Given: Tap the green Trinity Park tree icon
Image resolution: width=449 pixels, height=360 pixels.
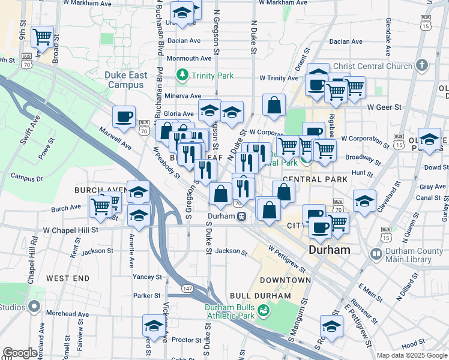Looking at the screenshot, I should tap(182, 76).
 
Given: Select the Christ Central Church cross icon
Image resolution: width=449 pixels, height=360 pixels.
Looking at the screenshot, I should tap(422, 65).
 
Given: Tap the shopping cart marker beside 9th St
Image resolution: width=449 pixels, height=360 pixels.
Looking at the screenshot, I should tap(43, 37).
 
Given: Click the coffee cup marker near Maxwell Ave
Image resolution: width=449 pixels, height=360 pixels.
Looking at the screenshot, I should tap(124, 116).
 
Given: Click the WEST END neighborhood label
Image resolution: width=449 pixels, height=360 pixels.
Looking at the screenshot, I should tap(68, 278).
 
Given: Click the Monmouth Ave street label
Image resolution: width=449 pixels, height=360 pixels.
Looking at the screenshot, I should tap(189, 58).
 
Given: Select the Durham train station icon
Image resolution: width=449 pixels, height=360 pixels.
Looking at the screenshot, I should tap(240, 217).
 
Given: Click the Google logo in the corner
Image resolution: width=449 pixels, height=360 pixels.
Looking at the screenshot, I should tap(20, 352).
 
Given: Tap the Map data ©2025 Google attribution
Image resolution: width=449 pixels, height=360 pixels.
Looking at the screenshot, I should tap(412, 355).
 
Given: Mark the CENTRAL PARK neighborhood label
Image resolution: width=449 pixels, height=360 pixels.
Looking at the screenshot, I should tap(315, 179).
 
